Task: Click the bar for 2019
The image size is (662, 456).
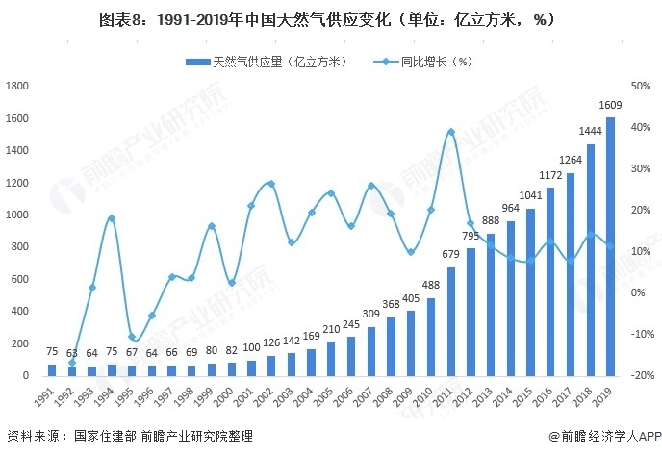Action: [x=610, y=246]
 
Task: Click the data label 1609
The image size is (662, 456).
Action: [x=610, y=106]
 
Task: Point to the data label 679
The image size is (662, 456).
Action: [x=450, y=255]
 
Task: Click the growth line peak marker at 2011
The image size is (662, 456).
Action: [x=450, y=132]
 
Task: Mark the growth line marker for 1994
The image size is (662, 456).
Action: [x=112, y=218]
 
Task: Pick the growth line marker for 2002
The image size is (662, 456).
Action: [x=271, y=184]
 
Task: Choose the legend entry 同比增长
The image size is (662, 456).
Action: [x=435, y=62]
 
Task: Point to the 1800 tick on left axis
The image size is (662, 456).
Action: [x=16, y=86]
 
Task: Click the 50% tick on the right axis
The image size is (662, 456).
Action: [x=642, y=86]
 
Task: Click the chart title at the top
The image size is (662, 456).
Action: [x=331, y=18]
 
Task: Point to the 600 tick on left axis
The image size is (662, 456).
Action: [x=19, y=279]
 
